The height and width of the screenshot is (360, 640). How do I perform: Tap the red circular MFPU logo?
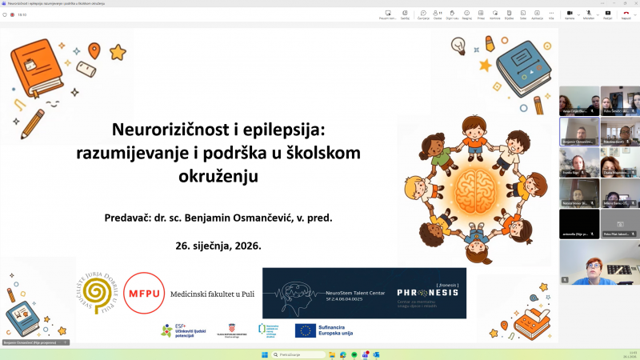pyautogui.click(x=144, y=294)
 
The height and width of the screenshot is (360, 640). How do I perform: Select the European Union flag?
pyautogui.click(x=305, y=330)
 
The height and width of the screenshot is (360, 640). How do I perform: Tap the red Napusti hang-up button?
pyautogui.click(x=626, y=14)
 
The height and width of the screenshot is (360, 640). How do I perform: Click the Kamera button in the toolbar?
pyautogui.click(x=570, y=14)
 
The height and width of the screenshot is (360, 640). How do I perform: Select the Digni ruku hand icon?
pyautogui.click(x=453, y=14)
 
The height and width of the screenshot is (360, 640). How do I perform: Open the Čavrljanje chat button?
pyautogui.click(x=423, y=14)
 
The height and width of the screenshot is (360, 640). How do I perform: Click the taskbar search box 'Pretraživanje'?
pyautogui.click(x=296, y=353)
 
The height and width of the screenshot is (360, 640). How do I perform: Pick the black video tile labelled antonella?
pyautogui.click(x=578, y=224)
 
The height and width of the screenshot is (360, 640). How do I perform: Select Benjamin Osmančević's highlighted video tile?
pyautogui.click(x=578, y=132)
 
